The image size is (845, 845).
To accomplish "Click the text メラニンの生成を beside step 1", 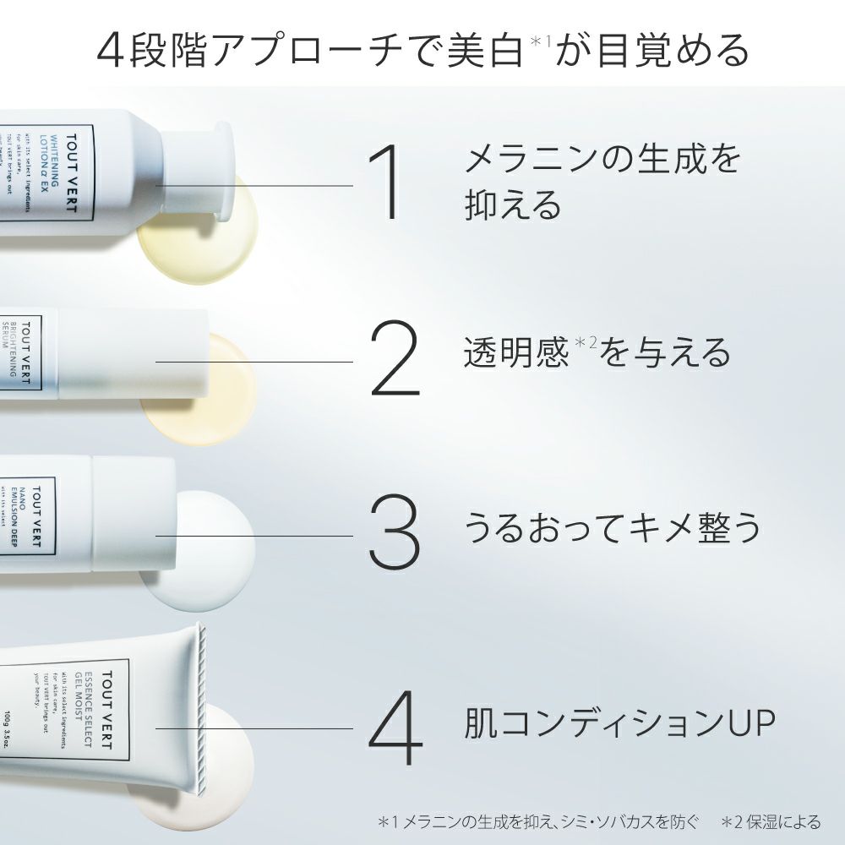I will pyautogui.click(x=602, y=159).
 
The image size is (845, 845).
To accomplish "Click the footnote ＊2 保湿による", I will pyautogui.click(x=771, y=820).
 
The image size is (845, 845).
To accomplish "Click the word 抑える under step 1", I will pyautogui.click(x=513, y=204).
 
